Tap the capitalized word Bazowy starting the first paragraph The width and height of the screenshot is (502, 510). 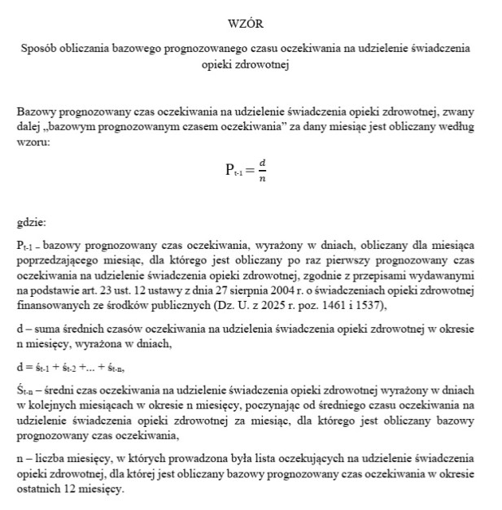[33, 111]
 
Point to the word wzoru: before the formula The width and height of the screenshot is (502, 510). [32, 141]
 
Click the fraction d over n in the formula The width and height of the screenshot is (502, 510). [262, 170]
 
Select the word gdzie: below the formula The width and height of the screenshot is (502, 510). [32, 220]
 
